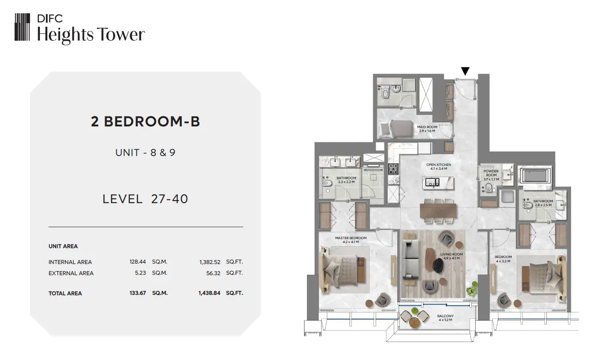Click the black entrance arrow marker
pos(465,71)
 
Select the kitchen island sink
pos(432,182)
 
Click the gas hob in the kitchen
pos(393,169)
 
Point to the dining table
pos(438,211)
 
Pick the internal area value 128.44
pos(138,262)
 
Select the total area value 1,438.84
pos(209,293)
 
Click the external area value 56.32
pos(213,273)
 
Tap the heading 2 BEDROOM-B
pos(145,121)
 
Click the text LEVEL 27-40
pos(145,199)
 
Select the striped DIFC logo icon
pos(22,27)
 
